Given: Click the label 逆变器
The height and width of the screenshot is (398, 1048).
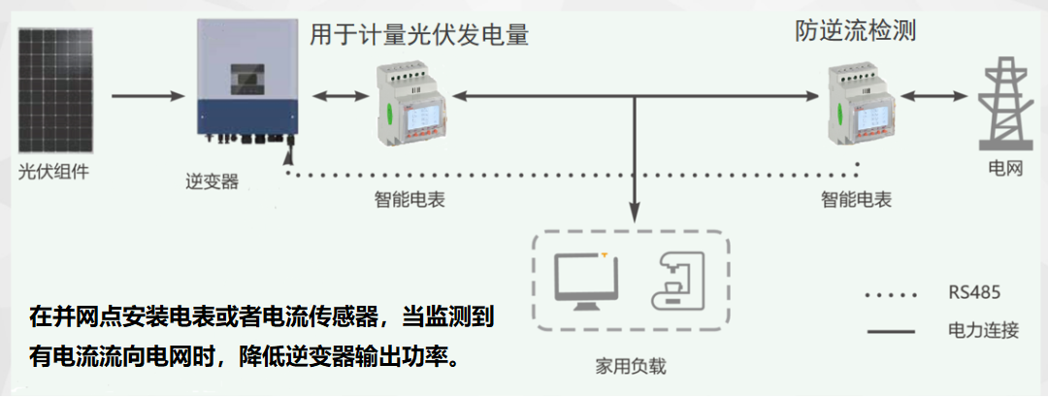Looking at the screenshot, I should point(212,181).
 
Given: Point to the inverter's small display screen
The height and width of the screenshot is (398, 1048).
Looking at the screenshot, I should point(246,78).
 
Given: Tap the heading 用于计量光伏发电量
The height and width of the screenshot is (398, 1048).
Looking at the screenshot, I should point(419,36).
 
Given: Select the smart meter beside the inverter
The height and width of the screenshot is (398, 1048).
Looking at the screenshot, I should point(409,101).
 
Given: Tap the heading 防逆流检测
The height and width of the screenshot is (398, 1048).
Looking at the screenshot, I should point(855,32).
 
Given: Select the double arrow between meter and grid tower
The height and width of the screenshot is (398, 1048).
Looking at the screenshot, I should point(934,97).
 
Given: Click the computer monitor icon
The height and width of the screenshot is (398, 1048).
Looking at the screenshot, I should point(586,280).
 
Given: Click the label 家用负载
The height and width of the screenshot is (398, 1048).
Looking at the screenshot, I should point(633,367).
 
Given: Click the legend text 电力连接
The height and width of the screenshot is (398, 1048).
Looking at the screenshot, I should point(983,331).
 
